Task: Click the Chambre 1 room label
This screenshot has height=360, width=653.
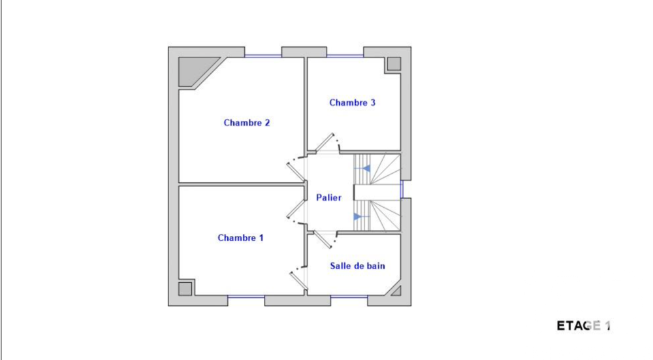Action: [x=240, y=238]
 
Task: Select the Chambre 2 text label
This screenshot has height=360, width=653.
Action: [x=247, y=123]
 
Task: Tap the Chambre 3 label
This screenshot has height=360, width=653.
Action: [x=352, y=103]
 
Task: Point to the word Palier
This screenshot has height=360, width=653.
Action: [x=328, y=197]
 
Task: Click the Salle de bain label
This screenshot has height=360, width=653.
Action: [x=357, y=266]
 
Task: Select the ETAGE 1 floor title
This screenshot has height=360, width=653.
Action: [x=583, y=325]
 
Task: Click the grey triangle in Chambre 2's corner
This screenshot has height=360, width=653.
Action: [x=196, y=69]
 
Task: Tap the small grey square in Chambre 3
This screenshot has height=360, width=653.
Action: [x=394, y=64]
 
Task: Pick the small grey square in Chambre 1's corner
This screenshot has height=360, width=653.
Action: [x=185, y=288]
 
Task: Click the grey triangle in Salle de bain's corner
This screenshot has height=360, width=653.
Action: [x=396, y=290]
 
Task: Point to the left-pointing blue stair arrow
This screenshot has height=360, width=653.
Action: [x=366, y=169]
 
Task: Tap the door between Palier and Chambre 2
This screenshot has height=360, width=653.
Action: [x=296, y=169]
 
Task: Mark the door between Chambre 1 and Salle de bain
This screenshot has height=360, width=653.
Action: [x=298, y=278]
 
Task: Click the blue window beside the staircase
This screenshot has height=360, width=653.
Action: [x=402, y=189]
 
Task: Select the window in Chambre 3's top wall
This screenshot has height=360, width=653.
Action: [x=345, y=56]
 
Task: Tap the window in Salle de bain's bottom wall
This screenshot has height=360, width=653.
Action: [x=349, y=298]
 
